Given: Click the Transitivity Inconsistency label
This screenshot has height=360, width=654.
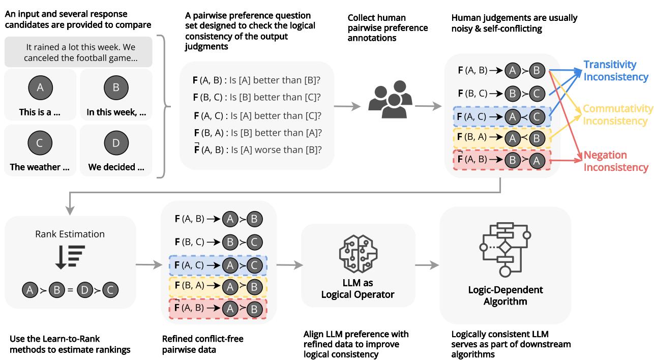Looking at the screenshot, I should (616, 71).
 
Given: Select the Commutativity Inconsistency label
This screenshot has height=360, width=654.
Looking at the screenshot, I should (617, 115).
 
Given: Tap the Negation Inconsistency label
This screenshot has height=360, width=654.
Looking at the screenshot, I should (616, 161).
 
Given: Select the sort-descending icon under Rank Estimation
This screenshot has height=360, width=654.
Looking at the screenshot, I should (70, 256).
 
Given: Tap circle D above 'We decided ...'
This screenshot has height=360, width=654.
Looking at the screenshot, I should (116, 143).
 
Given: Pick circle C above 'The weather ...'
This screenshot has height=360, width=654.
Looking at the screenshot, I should (40, 143).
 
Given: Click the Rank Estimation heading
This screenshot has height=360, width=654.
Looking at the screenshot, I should (70, 234).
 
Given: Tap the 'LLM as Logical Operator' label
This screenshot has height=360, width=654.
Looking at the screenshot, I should (358, 288).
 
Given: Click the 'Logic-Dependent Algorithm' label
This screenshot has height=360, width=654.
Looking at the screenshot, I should (505, 295).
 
